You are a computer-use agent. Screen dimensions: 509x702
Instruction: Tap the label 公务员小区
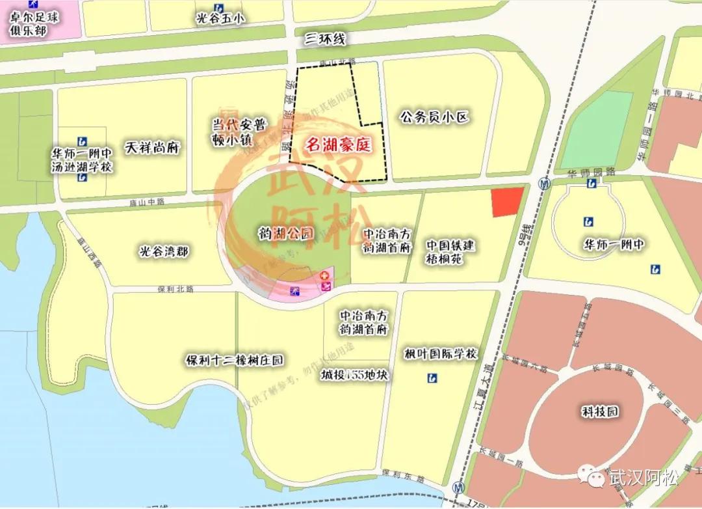click(434, 117)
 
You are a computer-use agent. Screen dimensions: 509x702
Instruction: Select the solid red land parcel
click(507, 201)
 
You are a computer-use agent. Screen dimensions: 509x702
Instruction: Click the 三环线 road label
click(325, 40)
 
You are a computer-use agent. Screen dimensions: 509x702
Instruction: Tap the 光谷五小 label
click(220, 19)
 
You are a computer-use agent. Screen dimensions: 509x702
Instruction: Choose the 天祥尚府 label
click(151, 148)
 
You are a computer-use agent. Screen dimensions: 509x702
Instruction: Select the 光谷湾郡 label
click(164, 251)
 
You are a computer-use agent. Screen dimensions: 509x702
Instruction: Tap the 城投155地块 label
click(354, 376)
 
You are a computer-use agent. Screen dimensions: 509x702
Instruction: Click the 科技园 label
click(599, 411)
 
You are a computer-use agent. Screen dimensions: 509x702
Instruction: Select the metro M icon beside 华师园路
click(543, 184)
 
